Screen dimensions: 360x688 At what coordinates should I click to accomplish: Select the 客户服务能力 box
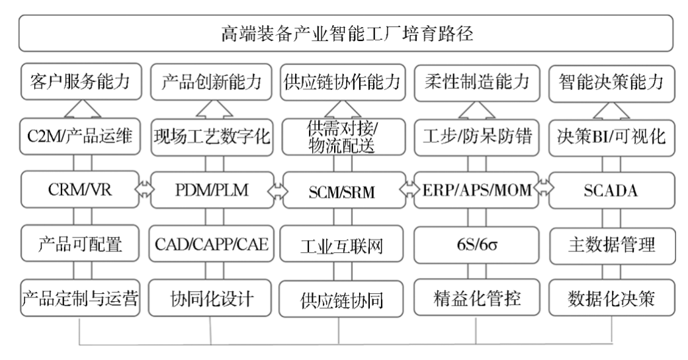tap(79, 83)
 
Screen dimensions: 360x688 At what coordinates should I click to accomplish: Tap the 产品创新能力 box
tap(211, 83)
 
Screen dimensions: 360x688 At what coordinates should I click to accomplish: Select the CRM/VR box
tap(79, 191)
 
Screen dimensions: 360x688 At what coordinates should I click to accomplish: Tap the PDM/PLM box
tap(211, 191)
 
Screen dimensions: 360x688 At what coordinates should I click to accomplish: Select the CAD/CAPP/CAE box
tap(211, 245)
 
